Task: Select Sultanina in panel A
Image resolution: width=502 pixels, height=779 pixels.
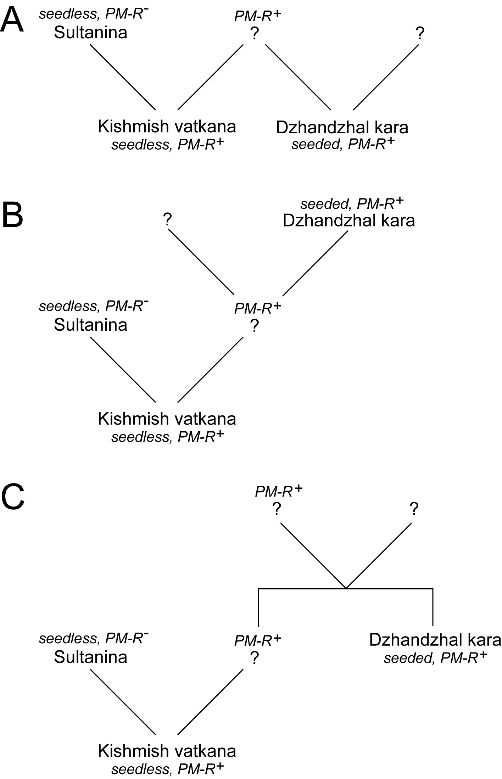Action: (x=90, y=33)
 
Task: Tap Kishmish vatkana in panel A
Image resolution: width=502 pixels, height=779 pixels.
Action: (x=167, y=127)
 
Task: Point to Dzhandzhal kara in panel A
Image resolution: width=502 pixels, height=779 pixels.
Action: (x=342, y=128)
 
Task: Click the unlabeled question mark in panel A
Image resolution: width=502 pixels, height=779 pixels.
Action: (x=419, y=34)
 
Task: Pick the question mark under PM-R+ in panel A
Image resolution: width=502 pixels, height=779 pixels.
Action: (x=254, y=34)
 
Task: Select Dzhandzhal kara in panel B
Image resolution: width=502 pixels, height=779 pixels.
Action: (x=349, y=220)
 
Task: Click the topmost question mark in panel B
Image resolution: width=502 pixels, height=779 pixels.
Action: (x=167, y=220)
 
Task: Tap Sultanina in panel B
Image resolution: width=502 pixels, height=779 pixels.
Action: (x=90, y=325)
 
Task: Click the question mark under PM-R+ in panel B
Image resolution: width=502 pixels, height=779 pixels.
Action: (x=254, y=326)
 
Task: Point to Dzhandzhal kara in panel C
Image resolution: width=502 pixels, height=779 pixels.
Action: (x=435, y=640)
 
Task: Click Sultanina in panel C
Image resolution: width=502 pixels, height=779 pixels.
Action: (x=90, y=657)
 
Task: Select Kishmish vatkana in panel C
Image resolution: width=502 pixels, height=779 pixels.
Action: (x=167, y=751)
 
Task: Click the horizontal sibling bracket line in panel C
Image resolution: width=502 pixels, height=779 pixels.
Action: (x=346, y=589)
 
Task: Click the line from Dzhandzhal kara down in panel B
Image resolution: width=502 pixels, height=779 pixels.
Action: (x=315, y=263)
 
